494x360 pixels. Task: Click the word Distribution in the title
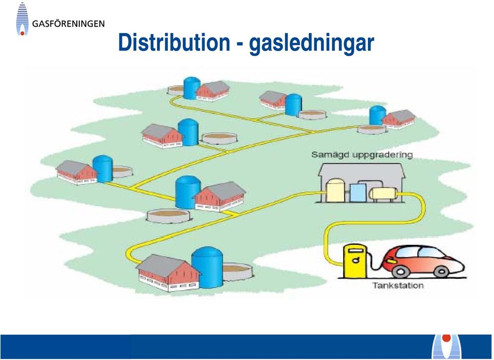pyautogui.click(x=174, y=43)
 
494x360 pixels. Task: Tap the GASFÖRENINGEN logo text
pyautogui.click(x=68, y=24)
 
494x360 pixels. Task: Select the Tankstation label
pyautogui.click(x=398, y=285)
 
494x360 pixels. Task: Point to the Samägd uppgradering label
pyautogui.click(x=362, y=155)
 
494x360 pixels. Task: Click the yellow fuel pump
pyautogui.click(x=355, y=261)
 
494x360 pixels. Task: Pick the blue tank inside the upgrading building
pyautogui.click(x=358, y=193)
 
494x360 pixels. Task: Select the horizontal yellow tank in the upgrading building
pyautogui.click(x=383, y=193)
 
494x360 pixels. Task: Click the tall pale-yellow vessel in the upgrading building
pyautogui.click(x=336, y=190)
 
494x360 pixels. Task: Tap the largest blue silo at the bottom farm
pyautogui.click(x=207, y=267)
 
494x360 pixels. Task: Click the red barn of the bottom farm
pyautogui.click(x=168, y=273)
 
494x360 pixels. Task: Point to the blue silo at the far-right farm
pyautogui.click(x=377, y=115)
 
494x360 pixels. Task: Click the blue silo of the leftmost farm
pyautogui.click(x=102, y=169)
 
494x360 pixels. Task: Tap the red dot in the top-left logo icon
pyautogui.click(x=22, y=33)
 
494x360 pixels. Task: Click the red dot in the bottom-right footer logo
pyautogui.click(x=447, y=338)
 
